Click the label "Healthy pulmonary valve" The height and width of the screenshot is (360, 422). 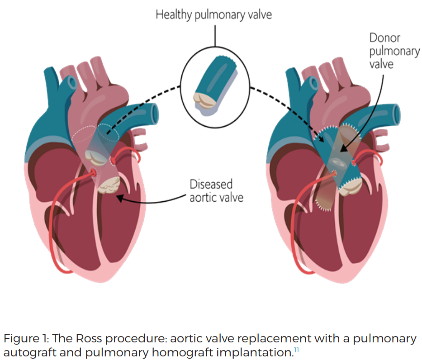coord(213,14)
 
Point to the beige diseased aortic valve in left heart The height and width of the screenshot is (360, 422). coord(109,185)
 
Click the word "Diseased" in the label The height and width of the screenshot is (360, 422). coord(211,185)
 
